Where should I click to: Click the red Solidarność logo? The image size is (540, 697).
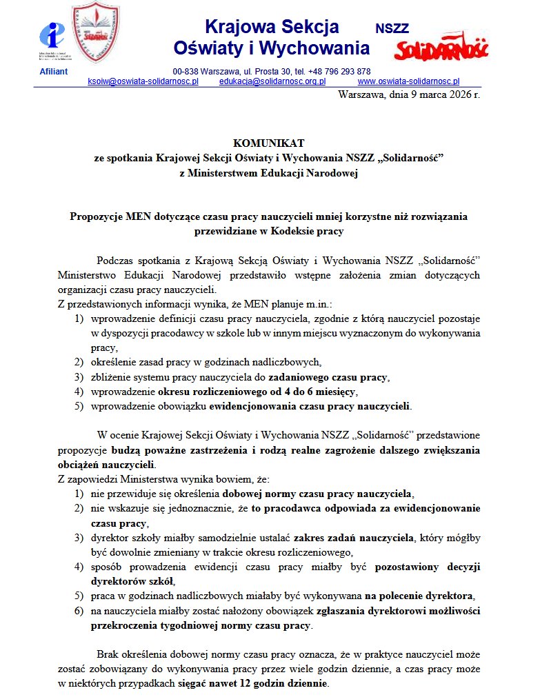[441, 48]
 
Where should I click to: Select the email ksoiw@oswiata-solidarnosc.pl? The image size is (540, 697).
[143, 81]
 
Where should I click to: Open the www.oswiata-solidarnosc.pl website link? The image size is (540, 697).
[403, 81]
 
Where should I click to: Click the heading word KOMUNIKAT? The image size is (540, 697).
[268, 143]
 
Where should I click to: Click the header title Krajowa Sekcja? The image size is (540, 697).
[272, 27]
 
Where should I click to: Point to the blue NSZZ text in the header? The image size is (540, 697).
[392, 28]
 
